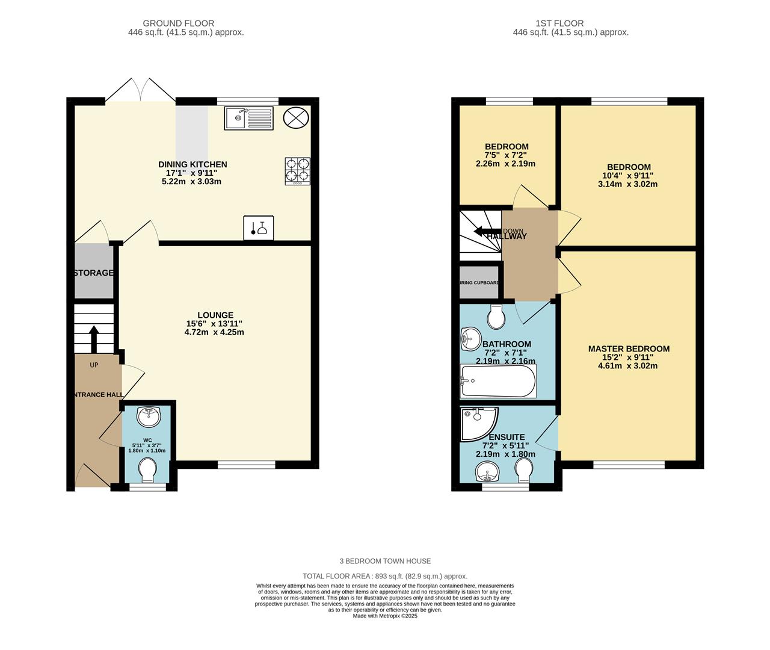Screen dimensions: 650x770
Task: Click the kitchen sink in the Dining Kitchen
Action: [248, 118]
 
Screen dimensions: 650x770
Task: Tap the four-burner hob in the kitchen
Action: [298, 170]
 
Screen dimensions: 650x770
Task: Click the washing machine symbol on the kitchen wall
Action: [259, 228]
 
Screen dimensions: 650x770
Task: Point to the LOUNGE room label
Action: [215, 315]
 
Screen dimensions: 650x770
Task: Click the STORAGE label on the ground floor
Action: [94, 273]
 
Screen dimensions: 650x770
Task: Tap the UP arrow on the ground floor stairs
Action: [94, 339]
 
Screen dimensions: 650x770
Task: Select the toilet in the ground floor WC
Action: [147, 469]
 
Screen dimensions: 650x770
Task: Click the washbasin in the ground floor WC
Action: [148, 416]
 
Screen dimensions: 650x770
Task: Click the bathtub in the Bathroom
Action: [497, 381]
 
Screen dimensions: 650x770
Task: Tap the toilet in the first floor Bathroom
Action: [496, 317]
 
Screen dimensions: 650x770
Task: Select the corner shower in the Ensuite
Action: [476, 422]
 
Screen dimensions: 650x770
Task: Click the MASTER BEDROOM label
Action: [629, 348]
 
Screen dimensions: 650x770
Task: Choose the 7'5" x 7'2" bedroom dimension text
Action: [506, 155]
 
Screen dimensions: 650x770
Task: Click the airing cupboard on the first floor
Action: [479, 282]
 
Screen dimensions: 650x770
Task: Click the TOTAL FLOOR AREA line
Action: [384, 576]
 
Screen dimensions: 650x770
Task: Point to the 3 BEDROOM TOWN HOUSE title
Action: [385, 561]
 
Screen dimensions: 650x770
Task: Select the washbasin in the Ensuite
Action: [488, 471]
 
